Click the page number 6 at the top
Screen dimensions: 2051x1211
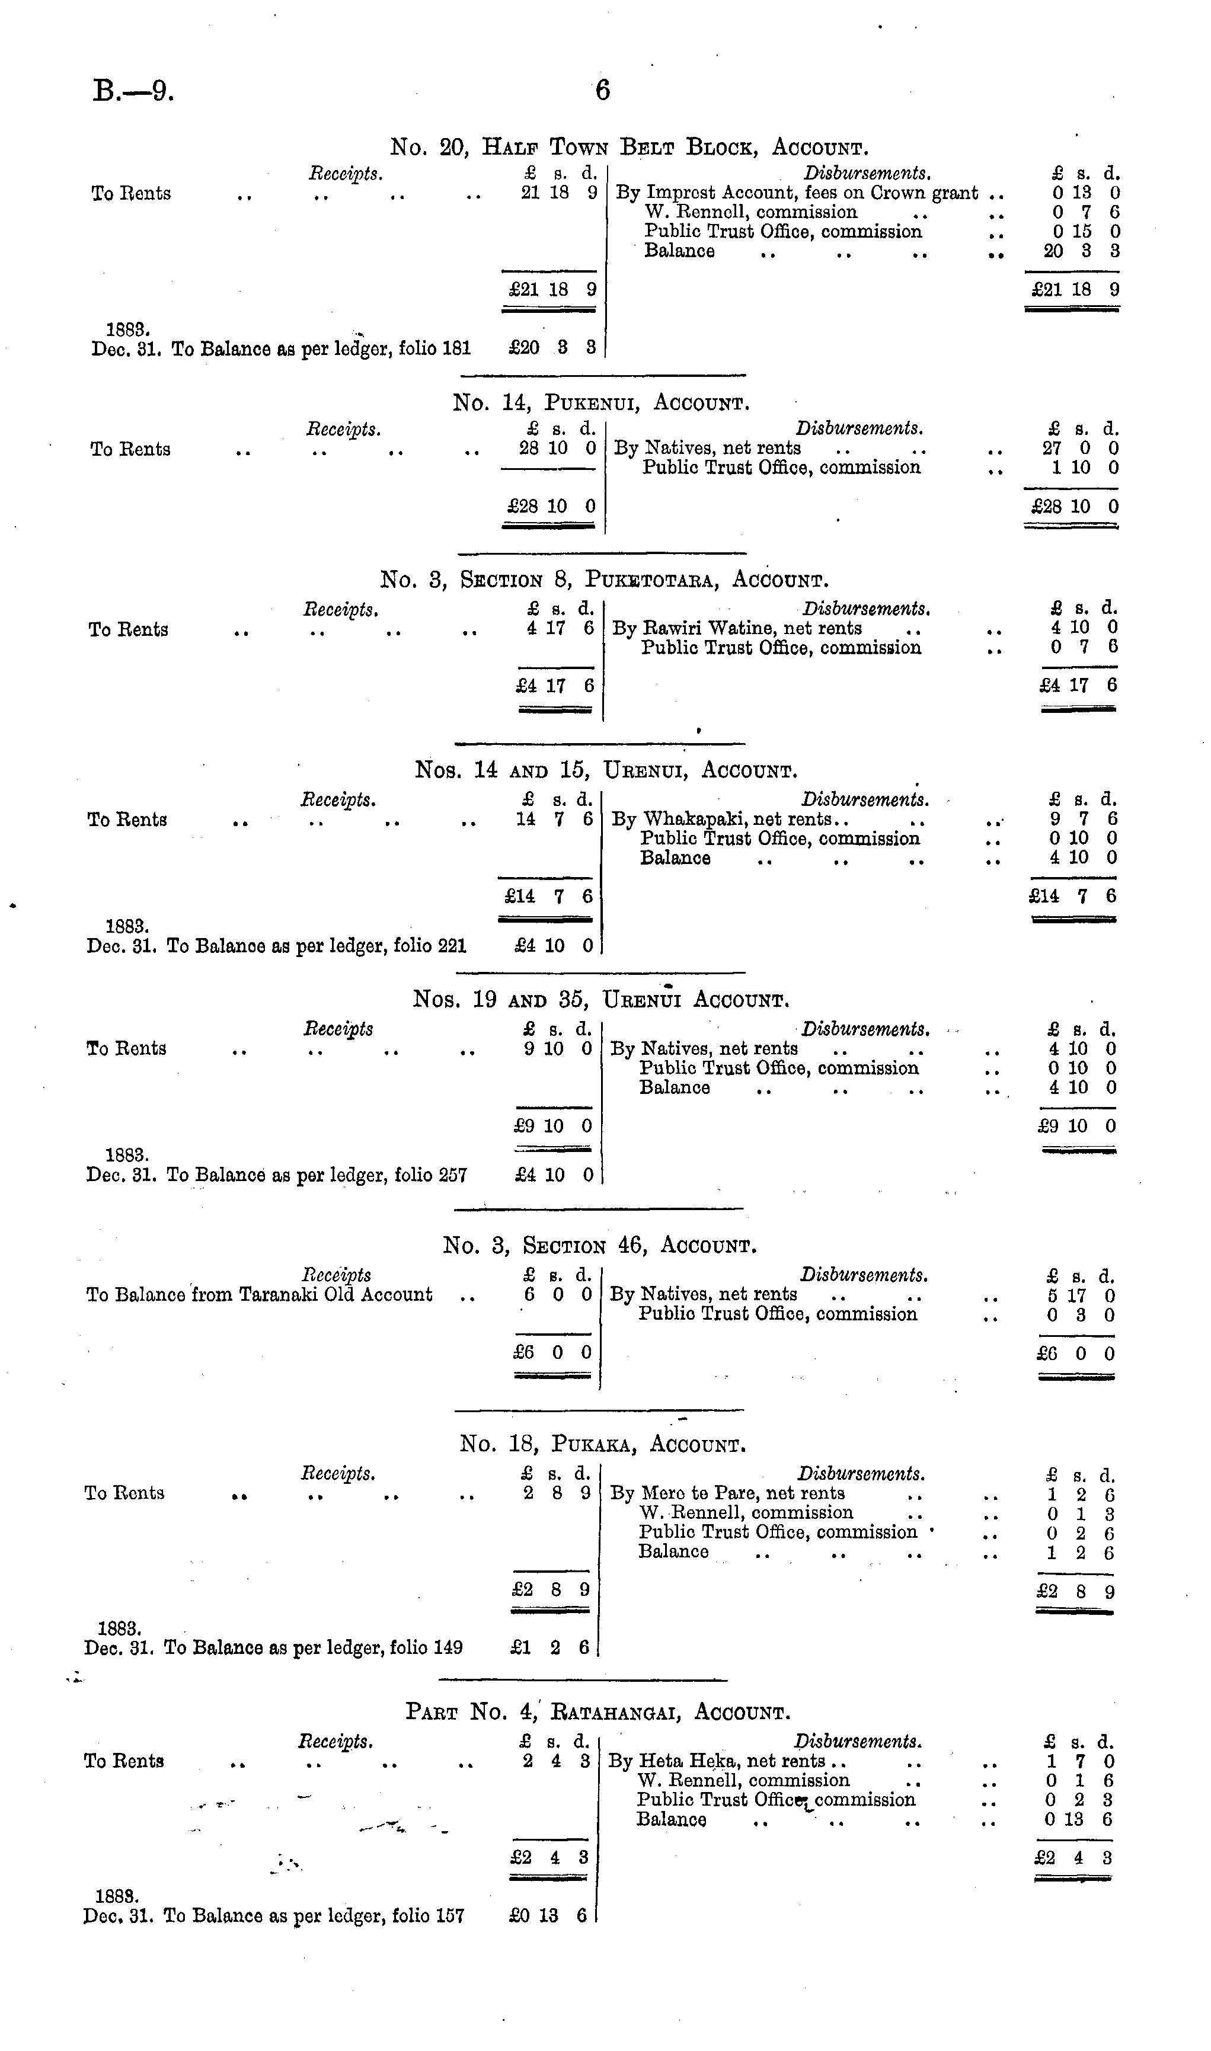(602, 89)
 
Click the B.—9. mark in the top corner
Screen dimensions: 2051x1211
(133, 89)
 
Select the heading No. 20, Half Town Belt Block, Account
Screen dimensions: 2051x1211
(629, 148)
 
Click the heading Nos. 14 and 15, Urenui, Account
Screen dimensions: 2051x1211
(606, 770)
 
